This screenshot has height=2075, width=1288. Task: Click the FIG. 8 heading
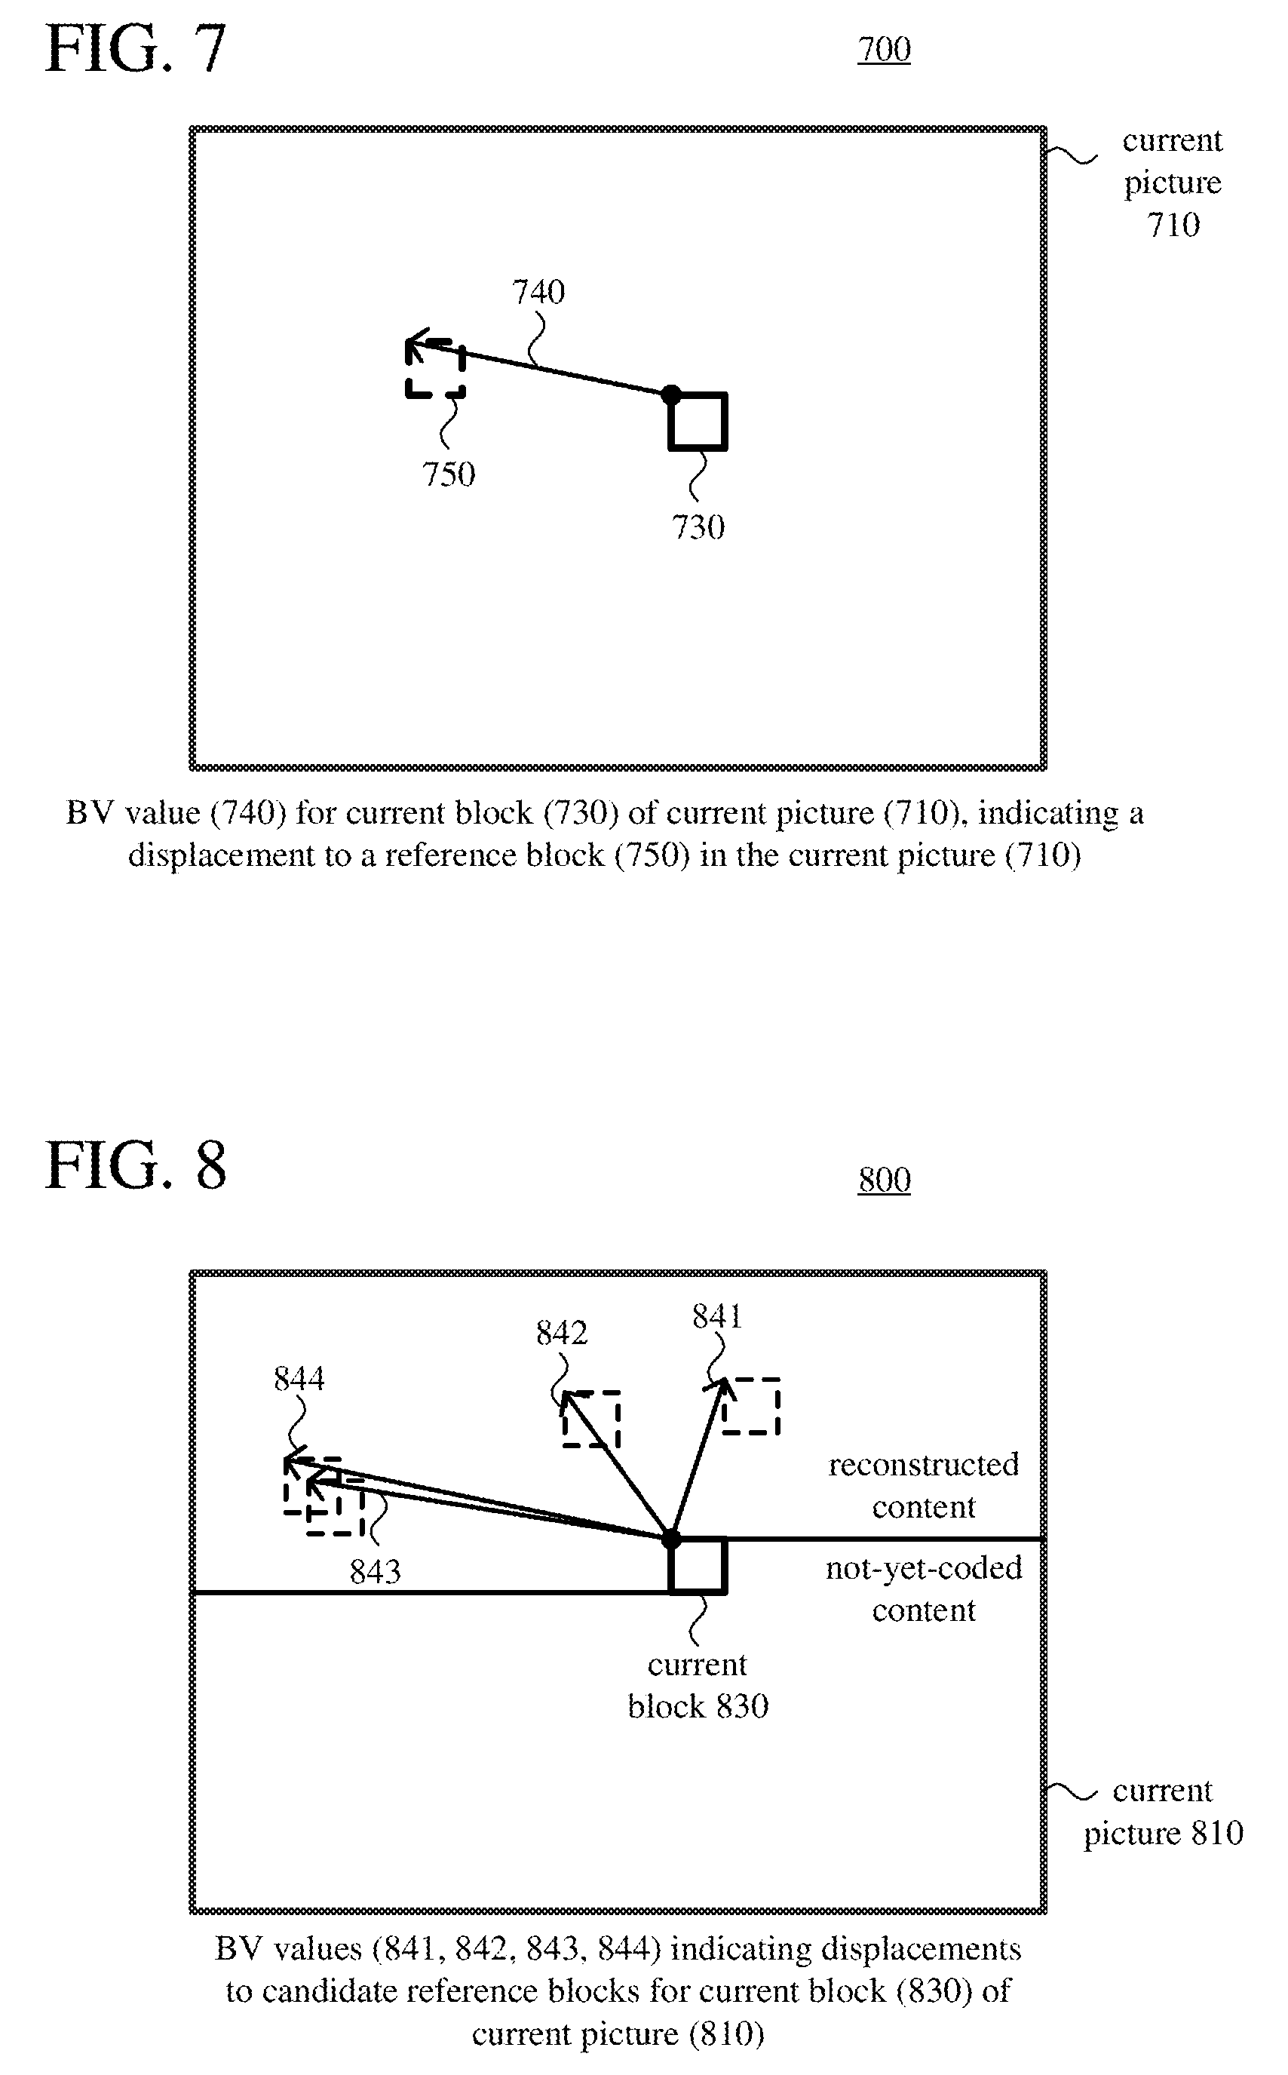coord(136,1165)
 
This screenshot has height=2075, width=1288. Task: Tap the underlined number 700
coord(885,50)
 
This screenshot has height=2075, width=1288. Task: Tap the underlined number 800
coord(885,1180)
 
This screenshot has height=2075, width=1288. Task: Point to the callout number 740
coord(538,292)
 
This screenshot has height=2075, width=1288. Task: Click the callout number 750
coord(449,474)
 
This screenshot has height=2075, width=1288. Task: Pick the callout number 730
coord(698,528)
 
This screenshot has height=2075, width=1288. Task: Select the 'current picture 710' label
coord(1172,183)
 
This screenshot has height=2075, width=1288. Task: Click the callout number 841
coord(717,1317)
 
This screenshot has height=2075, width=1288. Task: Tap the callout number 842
coord(563,1333)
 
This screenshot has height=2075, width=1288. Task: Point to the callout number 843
coord(376,1573)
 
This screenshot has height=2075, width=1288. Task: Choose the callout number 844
coord(299,1379)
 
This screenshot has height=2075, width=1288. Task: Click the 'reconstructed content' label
coord(924,1486)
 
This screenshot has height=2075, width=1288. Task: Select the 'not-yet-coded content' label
coord(924,1589)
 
